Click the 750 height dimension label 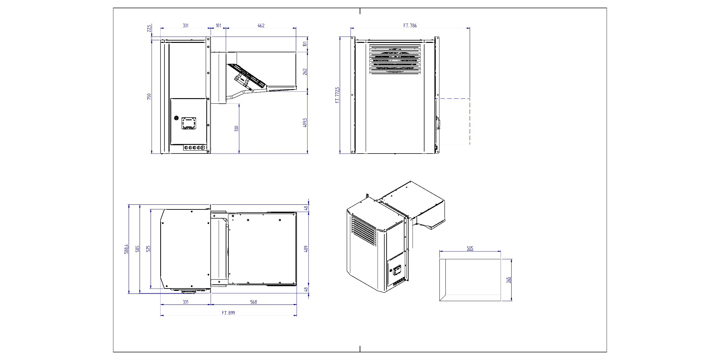[149, 96]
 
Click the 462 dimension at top [261, 26]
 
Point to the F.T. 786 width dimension [410, 26]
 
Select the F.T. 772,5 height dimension [337, 95]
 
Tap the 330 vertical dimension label [237, 128]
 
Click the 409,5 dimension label [305, 123]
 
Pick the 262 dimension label [305, 71]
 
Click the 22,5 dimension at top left [149, 29]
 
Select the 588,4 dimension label [126, 249]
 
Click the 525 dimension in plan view [148, 249]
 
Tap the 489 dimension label [306, 249]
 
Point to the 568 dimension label [253, 302]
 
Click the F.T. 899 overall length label [228, 313]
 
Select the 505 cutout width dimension [470, 248]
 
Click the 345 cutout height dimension [509, 280]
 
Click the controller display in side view [189, 123]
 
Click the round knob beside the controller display [176, 118]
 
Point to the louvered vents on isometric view [364, 231]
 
